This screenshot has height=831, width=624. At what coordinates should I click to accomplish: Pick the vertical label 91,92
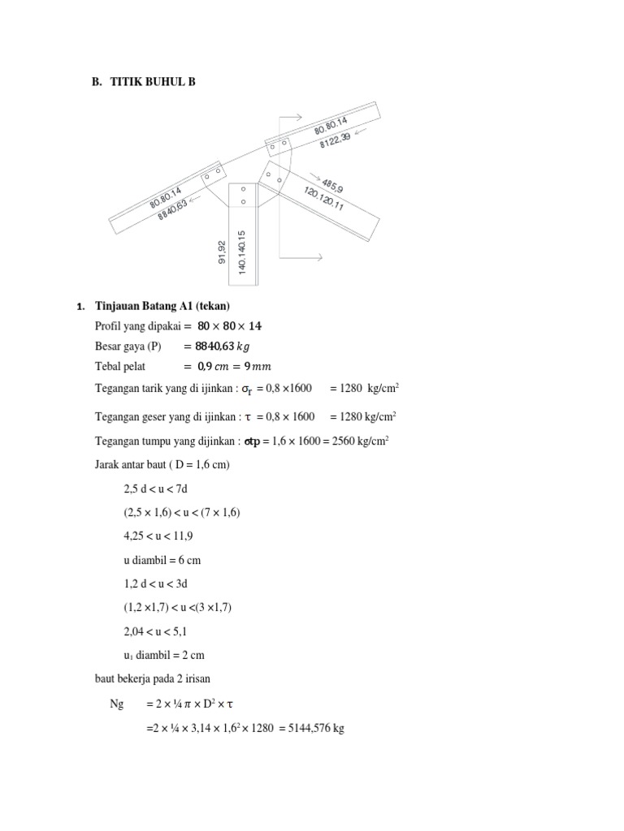click(220, 251)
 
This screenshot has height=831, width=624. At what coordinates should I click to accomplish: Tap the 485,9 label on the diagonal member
click(332, 183)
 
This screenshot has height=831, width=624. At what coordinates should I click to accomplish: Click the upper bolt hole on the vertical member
click(243, 190)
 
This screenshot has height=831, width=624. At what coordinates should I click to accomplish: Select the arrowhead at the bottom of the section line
click(319, 257)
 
